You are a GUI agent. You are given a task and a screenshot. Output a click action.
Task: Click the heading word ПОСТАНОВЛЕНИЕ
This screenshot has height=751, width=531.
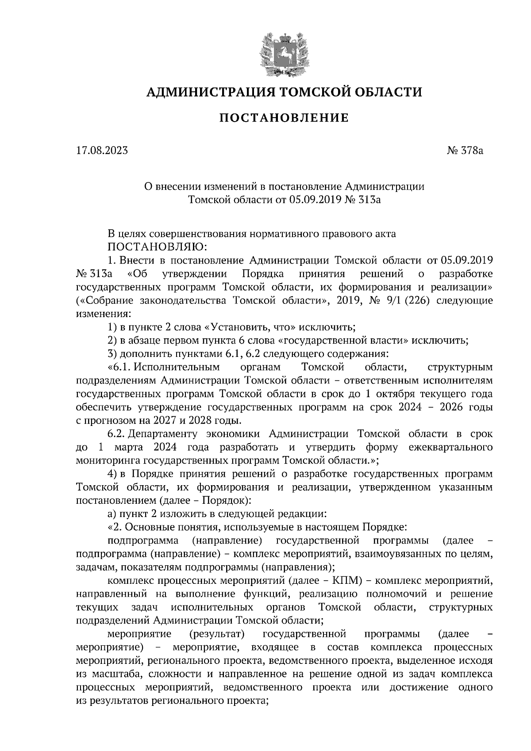click(284, 118)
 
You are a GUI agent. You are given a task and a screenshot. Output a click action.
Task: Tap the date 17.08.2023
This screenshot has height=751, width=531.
click(102, 151)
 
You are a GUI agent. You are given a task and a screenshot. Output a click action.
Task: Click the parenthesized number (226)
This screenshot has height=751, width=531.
click(413, 301)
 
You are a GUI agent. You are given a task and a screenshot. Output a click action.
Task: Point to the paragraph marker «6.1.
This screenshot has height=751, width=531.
click(119, 367)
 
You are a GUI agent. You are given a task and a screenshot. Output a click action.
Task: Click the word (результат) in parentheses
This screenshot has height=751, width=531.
click(217, 634)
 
